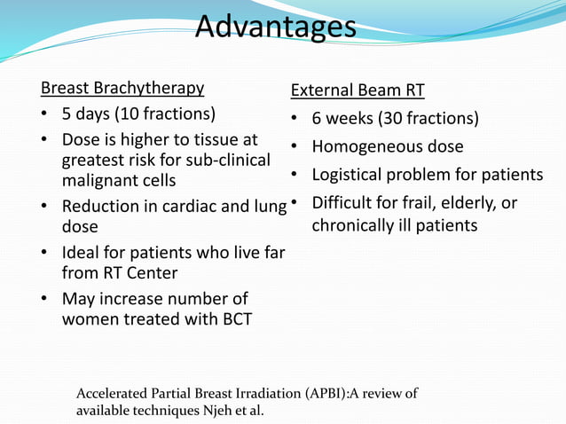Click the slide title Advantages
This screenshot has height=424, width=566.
click(275, 27)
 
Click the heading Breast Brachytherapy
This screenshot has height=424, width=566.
click(122, 88)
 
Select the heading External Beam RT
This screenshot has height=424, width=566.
click(358, 90)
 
